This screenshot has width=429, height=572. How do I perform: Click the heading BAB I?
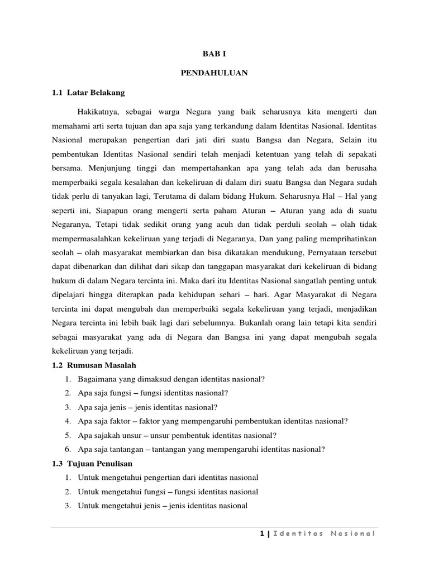pos(214,54)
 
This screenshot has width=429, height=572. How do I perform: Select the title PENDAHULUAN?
pos(214,73)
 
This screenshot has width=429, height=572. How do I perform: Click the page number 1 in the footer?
pos(261,533)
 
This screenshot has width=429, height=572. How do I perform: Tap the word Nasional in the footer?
pos(351,533)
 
